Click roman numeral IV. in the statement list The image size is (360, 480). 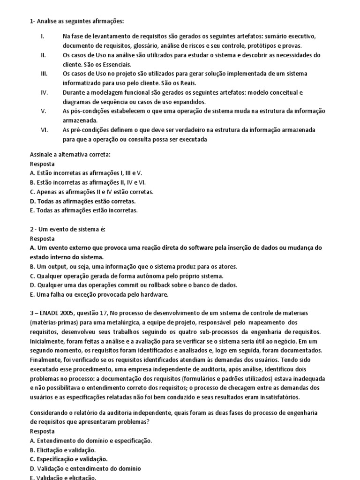[x=45, y=92]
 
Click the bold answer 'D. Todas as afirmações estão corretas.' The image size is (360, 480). [x=82, y=201]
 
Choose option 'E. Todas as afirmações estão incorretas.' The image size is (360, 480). [x=84, y=210]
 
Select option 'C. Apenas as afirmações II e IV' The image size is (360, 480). [x=91, y=192]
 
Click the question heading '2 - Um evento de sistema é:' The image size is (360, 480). [x=67, y=229]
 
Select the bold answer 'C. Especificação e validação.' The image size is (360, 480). [x=68, y=459]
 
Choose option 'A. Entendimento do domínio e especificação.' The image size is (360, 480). [x=91, y=440]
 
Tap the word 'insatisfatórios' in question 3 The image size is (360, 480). [x=277, y=397]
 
